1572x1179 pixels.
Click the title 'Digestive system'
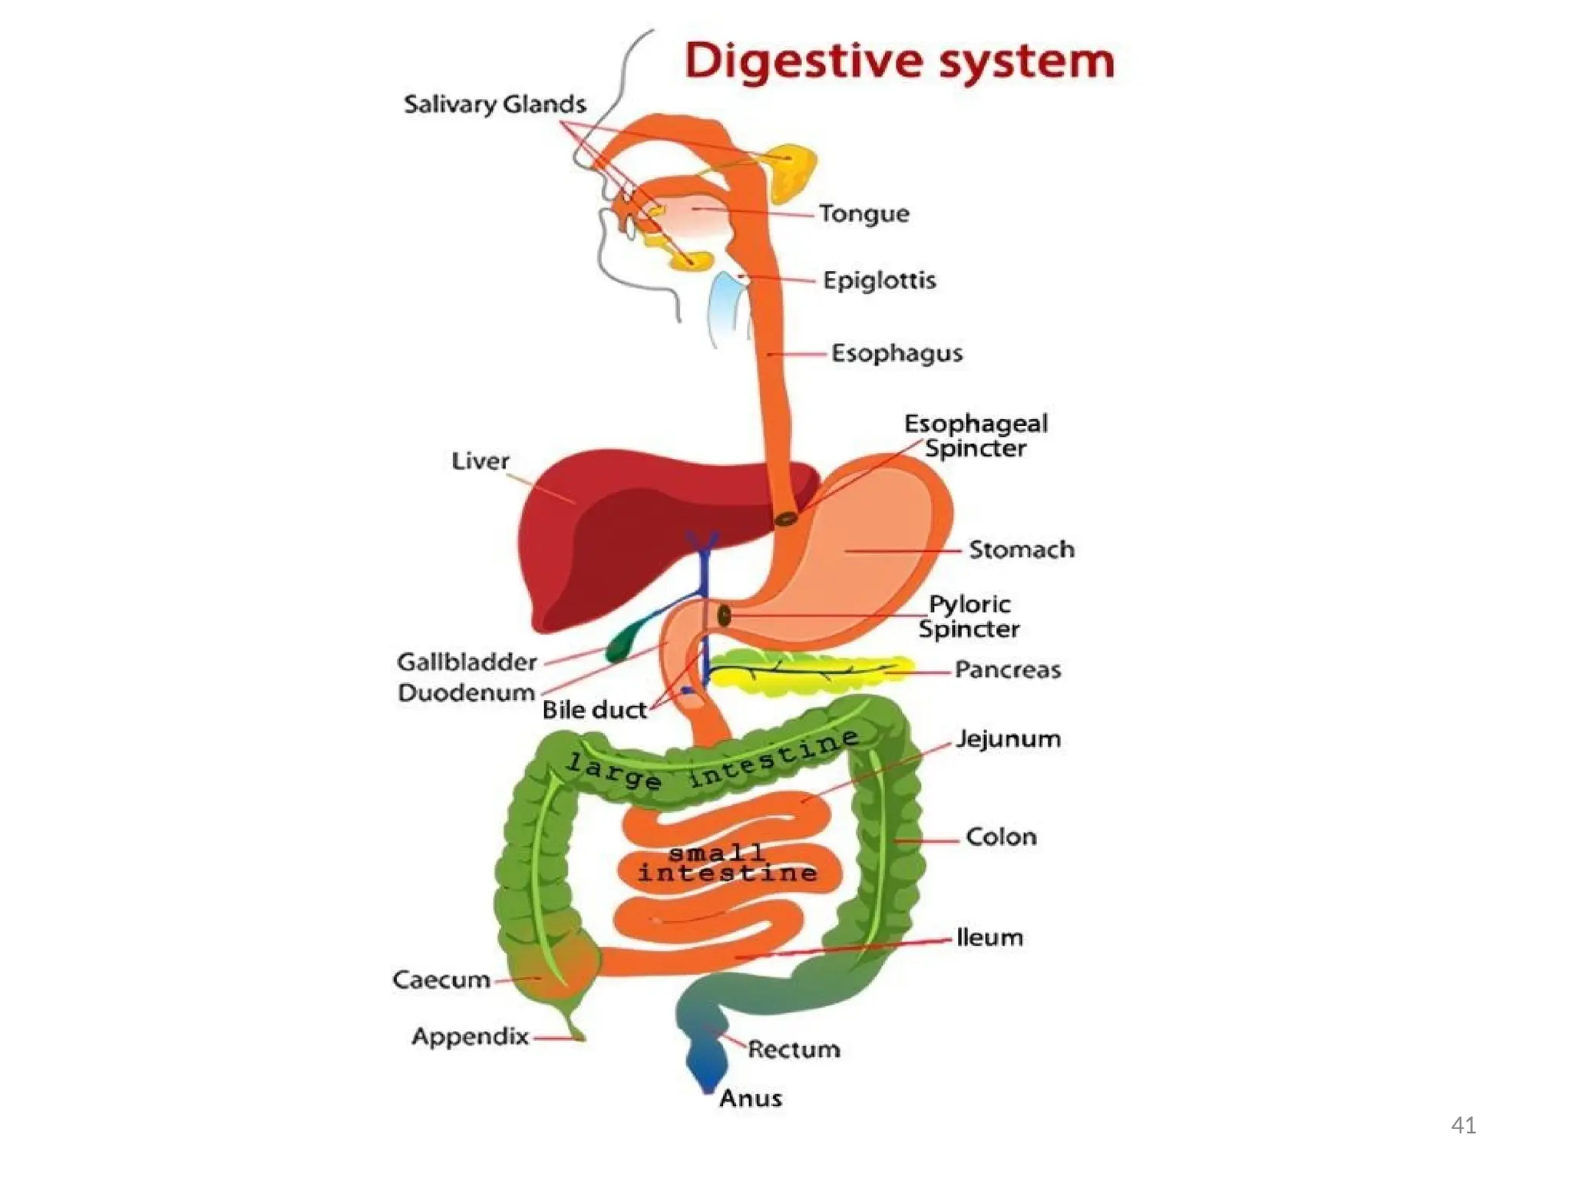[899, 61]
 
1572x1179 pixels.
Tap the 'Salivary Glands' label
[494, 104]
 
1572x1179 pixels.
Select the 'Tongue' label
[864, 213]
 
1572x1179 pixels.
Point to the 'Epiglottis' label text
[879, 280]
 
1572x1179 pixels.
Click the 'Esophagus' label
[897, 353]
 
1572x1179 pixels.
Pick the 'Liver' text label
[480, 461]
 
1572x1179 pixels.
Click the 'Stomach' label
[1021, 550]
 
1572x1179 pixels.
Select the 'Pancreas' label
[1007, 670]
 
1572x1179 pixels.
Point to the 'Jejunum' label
[1008, 739]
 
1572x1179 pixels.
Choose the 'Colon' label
[1001, 837]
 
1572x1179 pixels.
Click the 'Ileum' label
[989, 937]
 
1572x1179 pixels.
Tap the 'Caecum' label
[441, 980]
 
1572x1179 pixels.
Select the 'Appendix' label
[470, 1037]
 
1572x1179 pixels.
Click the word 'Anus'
[750, 1098]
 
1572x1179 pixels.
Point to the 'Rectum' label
[794, 1049]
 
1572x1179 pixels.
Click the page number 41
[1463, 1125]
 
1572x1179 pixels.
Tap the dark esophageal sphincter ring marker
[785, 520]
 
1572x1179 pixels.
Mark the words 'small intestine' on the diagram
[727, 864]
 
